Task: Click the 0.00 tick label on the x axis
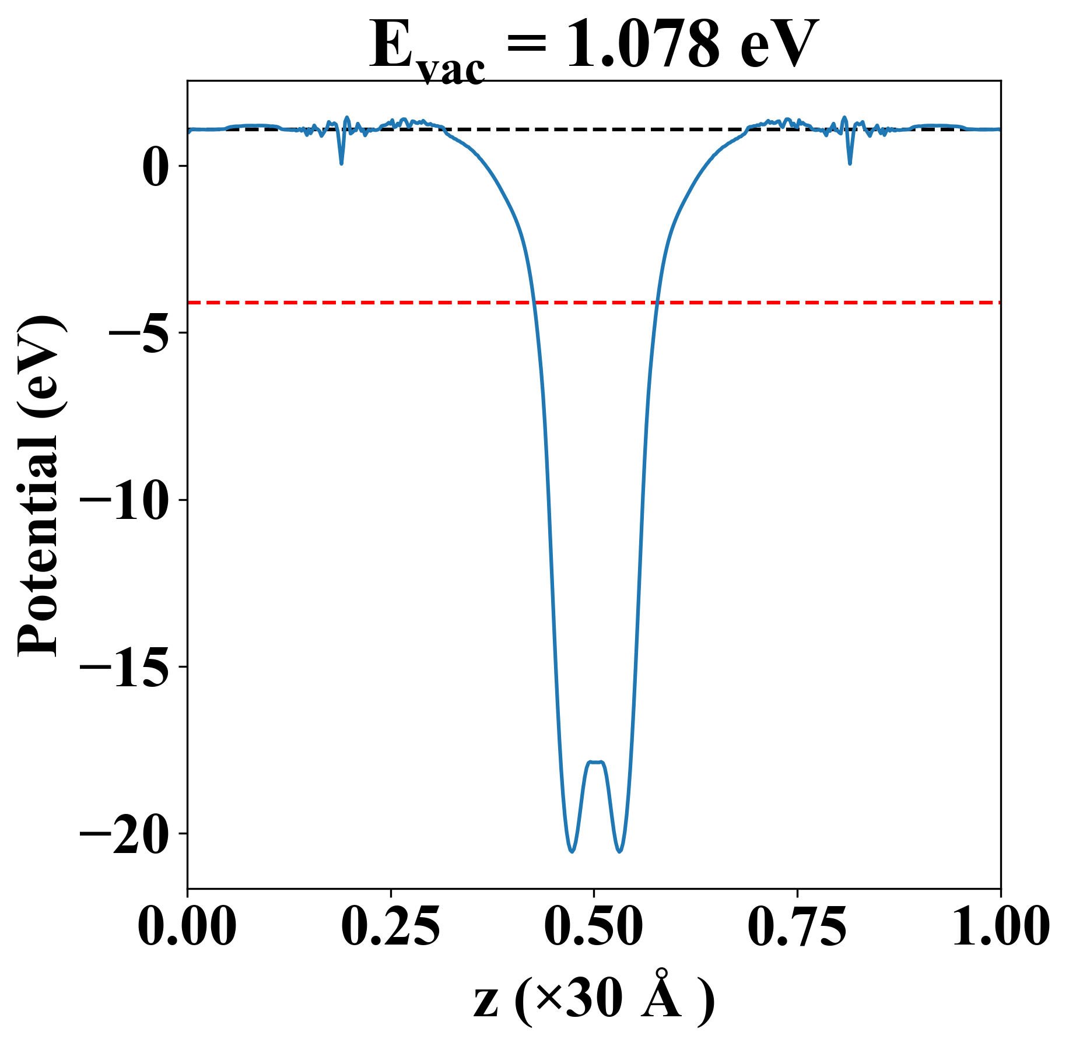187,926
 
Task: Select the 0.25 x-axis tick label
390,926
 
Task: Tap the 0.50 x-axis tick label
594,926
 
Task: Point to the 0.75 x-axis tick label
797,926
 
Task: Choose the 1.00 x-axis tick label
1000,926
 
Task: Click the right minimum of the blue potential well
619,851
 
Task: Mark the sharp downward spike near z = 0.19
341,163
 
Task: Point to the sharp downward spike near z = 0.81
850,163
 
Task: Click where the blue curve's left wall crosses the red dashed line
533,303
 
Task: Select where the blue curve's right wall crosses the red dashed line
657,303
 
